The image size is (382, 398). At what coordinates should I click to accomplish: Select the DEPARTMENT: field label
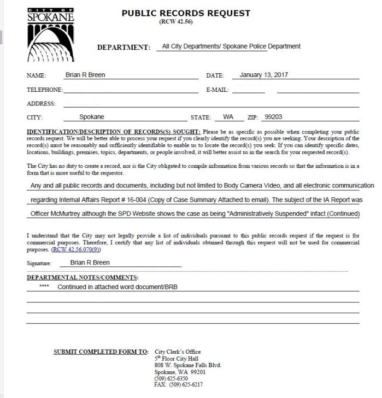click(x=124, y=48)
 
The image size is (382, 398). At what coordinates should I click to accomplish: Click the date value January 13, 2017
click(x=264, y=75)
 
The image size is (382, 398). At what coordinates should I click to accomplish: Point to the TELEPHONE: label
click(x=45, y=90)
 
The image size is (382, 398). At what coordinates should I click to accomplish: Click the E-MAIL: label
click(x=217, y=90)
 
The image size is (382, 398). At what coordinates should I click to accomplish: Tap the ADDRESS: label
click(x=41, y=103)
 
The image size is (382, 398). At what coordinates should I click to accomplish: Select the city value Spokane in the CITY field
click(x=92, y=117)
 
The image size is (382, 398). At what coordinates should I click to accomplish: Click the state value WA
click(x=228, y=117)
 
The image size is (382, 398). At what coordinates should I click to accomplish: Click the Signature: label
click(x=42, y=264)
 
